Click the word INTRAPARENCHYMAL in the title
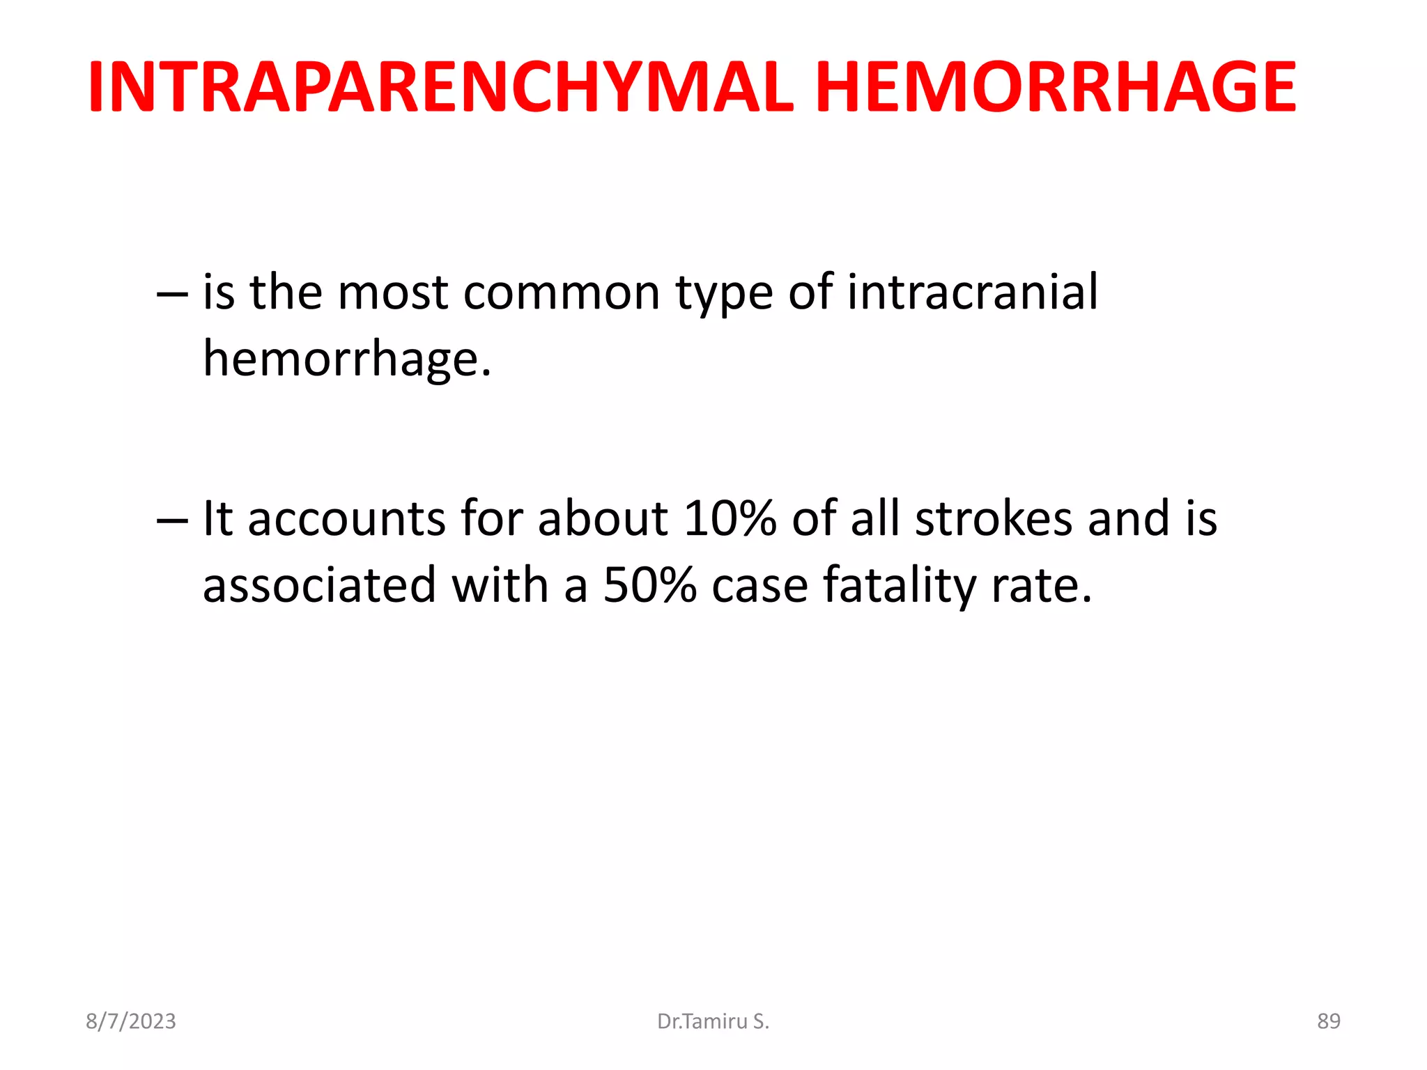(440, 88)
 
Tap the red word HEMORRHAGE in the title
(1055, 88)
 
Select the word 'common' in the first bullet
(561, 292)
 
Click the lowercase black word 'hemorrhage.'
(347, 359)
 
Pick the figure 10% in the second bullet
(730, 518)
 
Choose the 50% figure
(649, 584)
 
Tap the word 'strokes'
(994, 518)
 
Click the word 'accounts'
(346, 520)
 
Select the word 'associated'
(319, 584)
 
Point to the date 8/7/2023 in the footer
(131, 1021)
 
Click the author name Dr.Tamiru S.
(713, 1021)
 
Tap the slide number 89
(1328, 1021)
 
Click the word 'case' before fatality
(759, 586)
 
